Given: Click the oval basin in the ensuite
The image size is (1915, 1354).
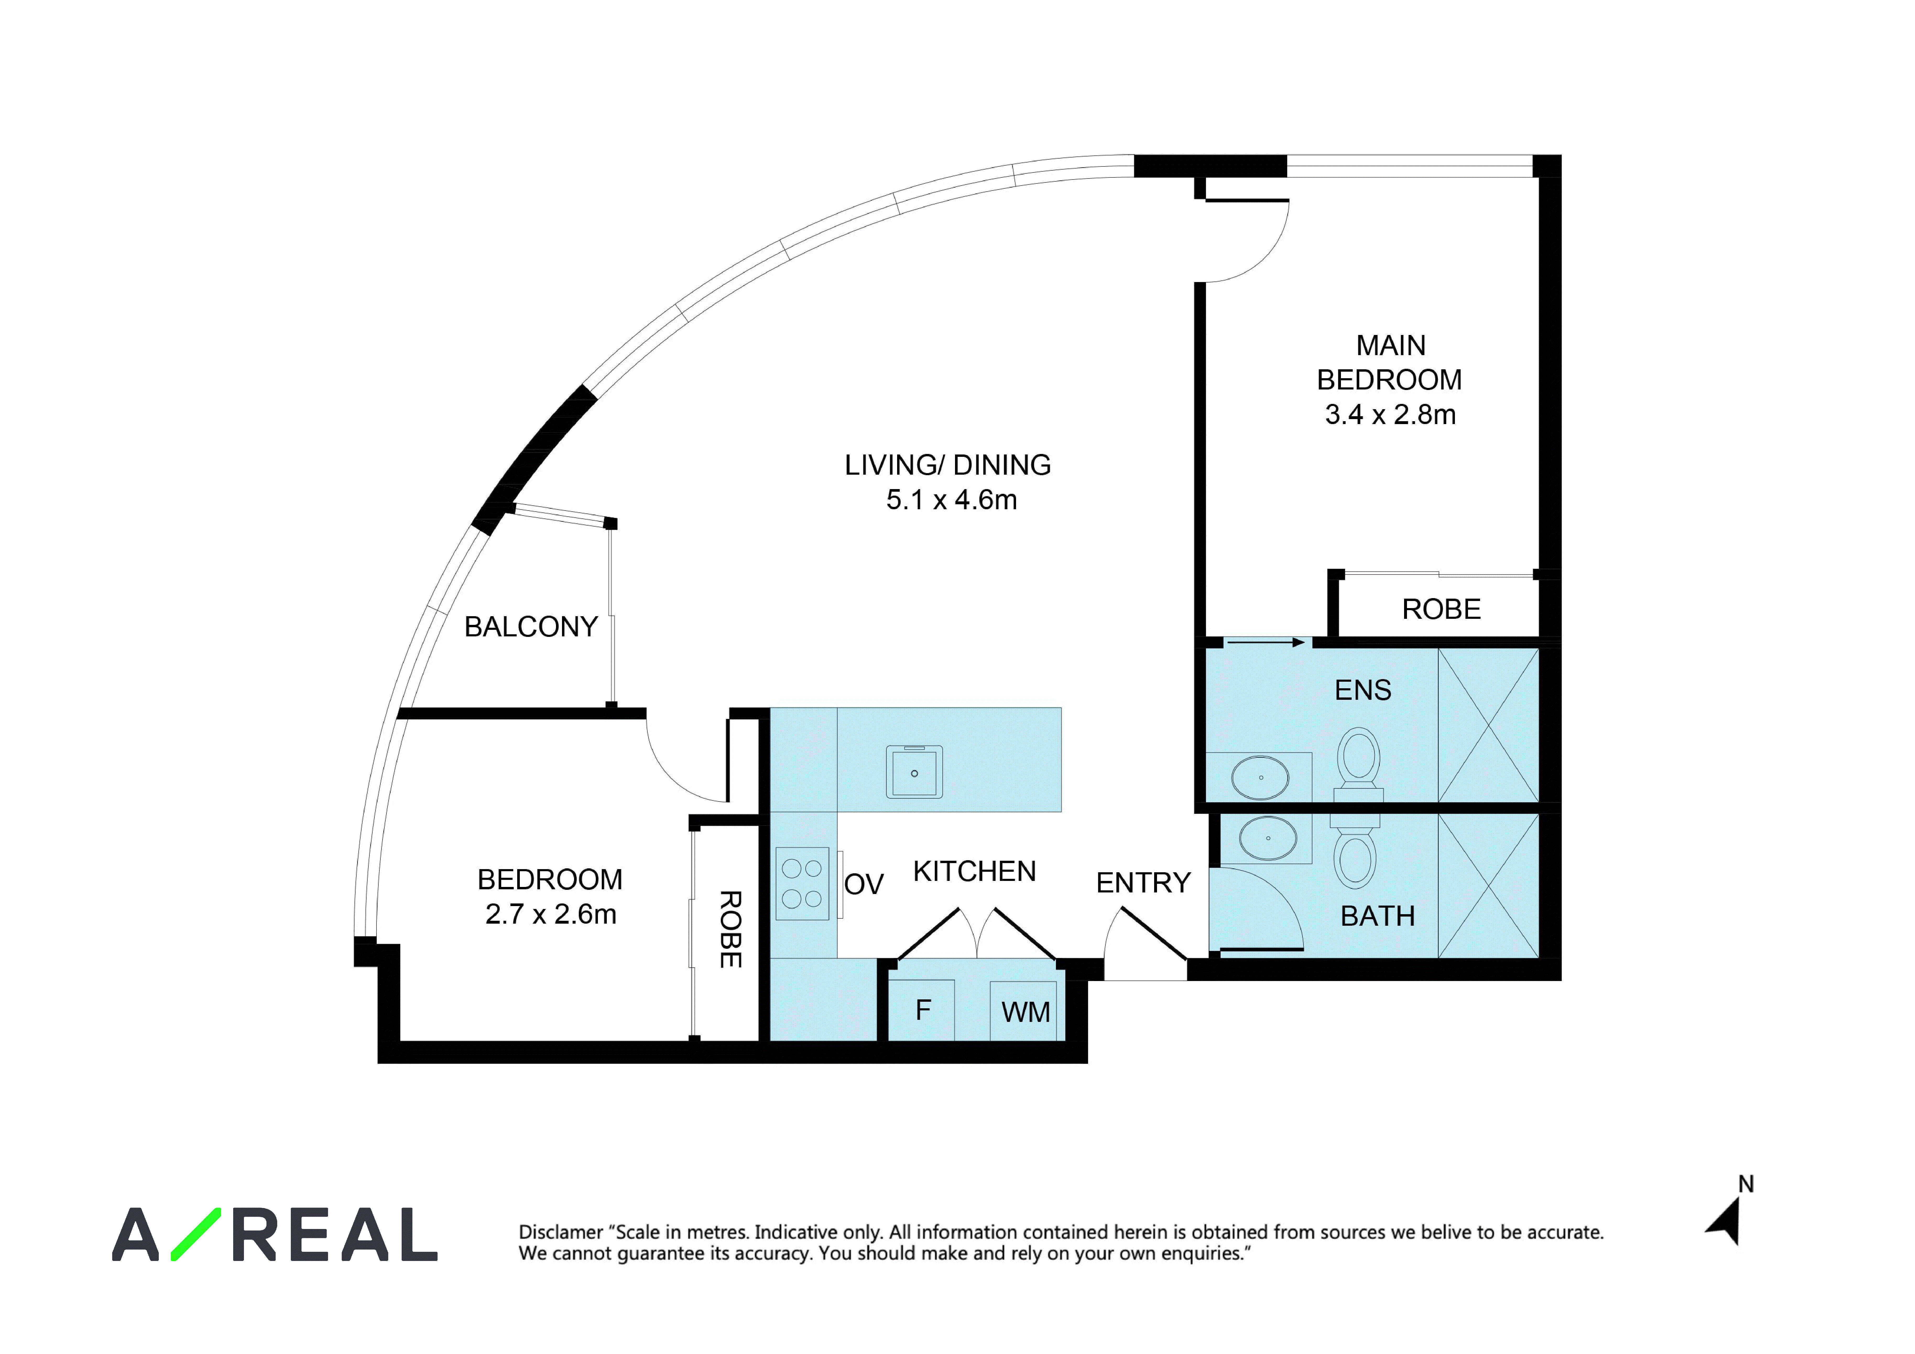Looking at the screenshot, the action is [1260, 777].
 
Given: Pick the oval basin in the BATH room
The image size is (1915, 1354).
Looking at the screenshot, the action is [1268, 838].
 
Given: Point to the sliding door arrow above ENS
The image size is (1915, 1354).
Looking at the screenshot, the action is [1265, 642].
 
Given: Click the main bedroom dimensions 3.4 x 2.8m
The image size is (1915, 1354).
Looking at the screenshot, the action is [1390, 415].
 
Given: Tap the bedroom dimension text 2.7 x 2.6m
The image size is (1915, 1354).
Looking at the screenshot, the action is [550, 914].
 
